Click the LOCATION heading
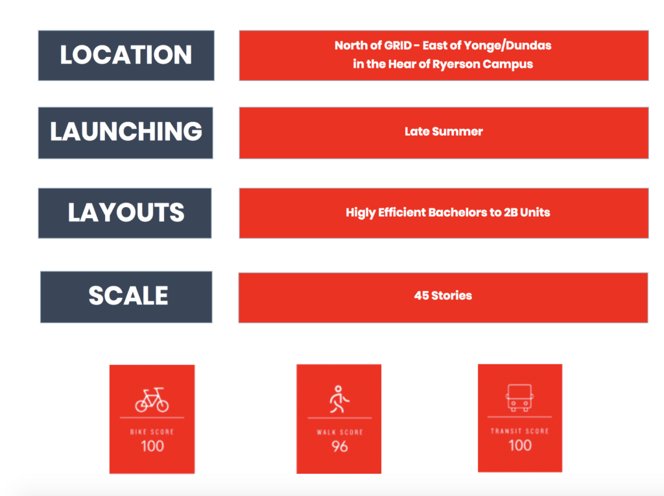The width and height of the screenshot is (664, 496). point(126,55)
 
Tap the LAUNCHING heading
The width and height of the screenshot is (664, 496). point(126,131)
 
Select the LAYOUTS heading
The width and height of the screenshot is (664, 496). point(126,212)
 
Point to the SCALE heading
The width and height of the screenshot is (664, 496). point(128,295)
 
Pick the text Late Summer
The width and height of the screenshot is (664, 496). point(444,131)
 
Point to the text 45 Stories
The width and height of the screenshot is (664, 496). point(443,295)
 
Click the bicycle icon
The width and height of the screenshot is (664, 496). point(152,400)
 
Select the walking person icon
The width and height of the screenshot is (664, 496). point(339,399)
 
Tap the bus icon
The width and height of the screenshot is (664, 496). point(519,398)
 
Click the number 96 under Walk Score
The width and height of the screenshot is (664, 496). point(340,447)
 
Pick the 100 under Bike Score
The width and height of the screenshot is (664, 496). point(152,446)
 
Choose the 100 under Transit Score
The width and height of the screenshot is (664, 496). point(520,445)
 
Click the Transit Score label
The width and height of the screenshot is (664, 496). point(519,431)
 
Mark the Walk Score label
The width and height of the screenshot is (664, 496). point(340,432)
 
